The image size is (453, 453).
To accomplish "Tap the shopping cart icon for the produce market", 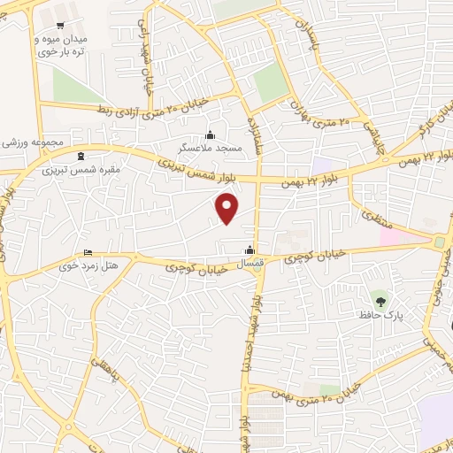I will pyautogui.click(x=59, y=26).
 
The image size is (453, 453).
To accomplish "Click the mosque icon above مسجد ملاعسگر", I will pyautogui.click(x=210, y=134).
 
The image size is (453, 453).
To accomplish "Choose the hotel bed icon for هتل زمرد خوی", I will pyautogui.click(x=87, y=252).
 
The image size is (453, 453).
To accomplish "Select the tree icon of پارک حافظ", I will pyautogui.click(x=381, y=301).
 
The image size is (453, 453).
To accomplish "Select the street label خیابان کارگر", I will pyautogui.click(x=433, y=123).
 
